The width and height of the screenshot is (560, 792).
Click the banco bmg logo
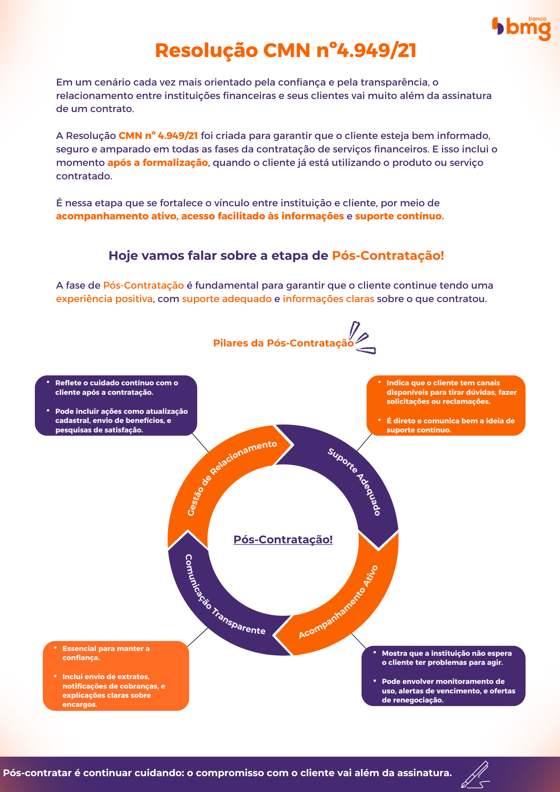point(522,28)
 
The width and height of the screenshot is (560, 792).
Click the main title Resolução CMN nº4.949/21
point(286,51)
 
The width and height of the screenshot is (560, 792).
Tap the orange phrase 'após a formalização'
point(157,163)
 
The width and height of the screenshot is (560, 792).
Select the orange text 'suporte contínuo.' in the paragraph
point(399,216)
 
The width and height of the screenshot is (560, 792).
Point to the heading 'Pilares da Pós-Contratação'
point(283,343)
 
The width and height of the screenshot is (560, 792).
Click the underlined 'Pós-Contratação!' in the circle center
point(283,540)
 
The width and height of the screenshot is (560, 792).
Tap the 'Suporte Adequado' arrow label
point(354,481)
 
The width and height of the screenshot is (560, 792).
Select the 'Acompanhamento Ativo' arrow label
point(339,602)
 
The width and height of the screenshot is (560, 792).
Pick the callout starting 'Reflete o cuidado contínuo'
point(116,406)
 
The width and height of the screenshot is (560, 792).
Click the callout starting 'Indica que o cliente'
point(446,406)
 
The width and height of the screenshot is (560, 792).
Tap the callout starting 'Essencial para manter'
point(116,676)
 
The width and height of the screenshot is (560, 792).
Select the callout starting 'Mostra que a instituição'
point(443,676)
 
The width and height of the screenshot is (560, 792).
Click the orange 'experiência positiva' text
point(104,299)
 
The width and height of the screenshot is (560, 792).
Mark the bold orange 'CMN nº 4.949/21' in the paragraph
point(158,136)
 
